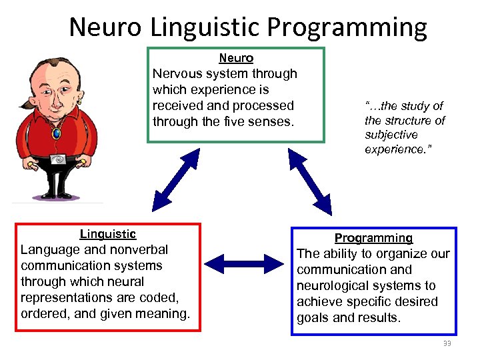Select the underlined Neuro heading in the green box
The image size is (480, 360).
click(x=236, y=59)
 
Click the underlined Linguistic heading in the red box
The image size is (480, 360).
click(x=108, y=234)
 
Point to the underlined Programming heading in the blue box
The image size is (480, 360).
click(x=373, y=238)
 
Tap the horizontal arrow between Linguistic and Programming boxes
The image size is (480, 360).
click(x=245, y=262)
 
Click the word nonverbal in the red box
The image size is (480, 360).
click(x=136, y=250)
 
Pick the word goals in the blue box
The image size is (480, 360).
click(x=313, y=318)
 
